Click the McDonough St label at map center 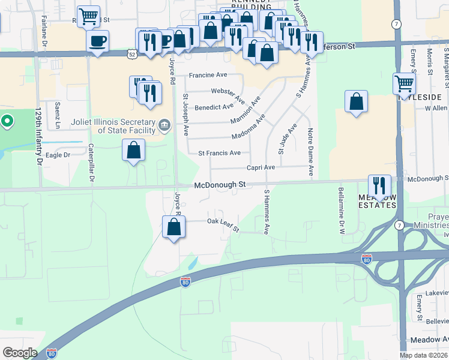[x=220, y=185]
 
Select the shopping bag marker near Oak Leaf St [x=173, y=227]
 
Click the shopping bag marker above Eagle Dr [x=134, y=150]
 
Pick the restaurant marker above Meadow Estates [x=379, y=187]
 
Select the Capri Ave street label [x=260, y=167]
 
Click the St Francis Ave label [x=219, y=153]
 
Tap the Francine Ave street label [x=208, y=76]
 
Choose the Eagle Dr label [x=58, y=154]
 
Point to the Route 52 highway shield [x=131, y=53]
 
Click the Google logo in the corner [x=20, y=353]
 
